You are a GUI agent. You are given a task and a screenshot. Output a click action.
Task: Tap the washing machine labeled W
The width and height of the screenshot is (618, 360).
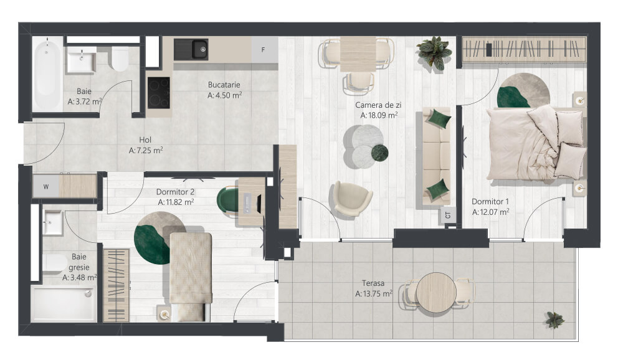click(45, 186)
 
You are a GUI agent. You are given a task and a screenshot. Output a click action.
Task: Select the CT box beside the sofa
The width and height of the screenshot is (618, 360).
click(448, 215)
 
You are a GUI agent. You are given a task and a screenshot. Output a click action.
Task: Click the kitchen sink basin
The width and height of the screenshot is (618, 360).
click(200, 49)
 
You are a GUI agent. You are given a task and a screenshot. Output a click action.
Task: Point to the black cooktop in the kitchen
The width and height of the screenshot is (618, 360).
click(159, 93)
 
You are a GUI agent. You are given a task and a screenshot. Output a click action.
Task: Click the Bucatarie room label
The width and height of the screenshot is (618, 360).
click(224, 85)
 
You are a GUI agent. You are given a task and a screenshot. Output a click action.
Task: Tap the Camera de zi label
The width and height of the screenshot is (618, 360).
click(378, 105)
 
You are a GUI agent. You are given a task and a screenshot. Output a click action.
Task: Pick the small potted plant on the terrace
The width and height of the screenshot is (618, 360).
click(555, 320)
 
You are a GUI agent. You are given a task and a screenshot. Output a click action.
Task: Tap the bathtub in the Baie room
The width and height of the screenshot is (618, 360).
click(47, 75)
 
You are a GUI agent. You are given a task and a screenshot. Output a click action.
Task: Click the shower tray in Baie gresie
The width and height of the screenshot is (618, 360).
click(64, 304)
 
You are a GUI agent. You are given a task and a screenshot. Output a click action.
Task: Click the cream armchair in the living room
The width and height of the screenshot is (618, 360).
click(351, 199)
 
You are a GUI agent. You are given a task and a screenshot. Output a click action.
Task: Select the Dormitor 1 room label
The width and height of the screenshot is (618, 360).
click(490, 202)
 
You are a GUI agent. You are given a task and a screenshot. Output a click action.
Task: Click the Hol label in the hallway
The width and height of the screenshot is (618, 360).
click(145, 140)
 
